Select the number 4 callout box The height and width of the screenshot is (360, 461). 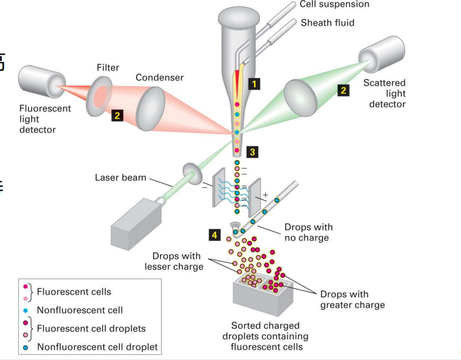pyautogui.click(x=214, y=234)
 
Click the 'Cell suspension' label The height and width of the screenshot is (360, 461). pyautogui.click(x=335, y=5)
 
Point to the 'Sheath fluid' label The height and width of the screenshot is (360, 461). pyautogui.click(x=328, y=23)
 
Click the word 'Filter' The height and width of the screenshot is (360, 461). pyautogui.click(x=108, y=68)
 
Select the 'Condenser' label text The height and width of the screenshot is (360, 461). pyautogui.click(x=159, y=78)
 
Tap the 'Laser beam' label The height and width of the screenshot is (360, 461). pyautogui.click(x=120, y=178)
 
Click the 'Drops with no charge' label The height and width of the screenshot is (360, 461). pyautogui.click(x=308, y=232)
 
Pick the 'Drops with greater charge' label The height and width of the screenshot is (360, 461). pyautogui.click(x=352, y=300)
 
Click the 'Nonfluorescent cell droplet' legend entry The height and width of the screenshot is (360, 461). pyautogui.click(x=97, y=347)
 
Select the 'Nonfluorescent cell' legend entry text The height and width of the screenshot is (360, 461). pyautogui.click(x=79, y=310)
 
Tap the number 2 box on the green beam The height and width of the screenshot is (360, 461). pyautogui.click(x=343, y=90)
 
